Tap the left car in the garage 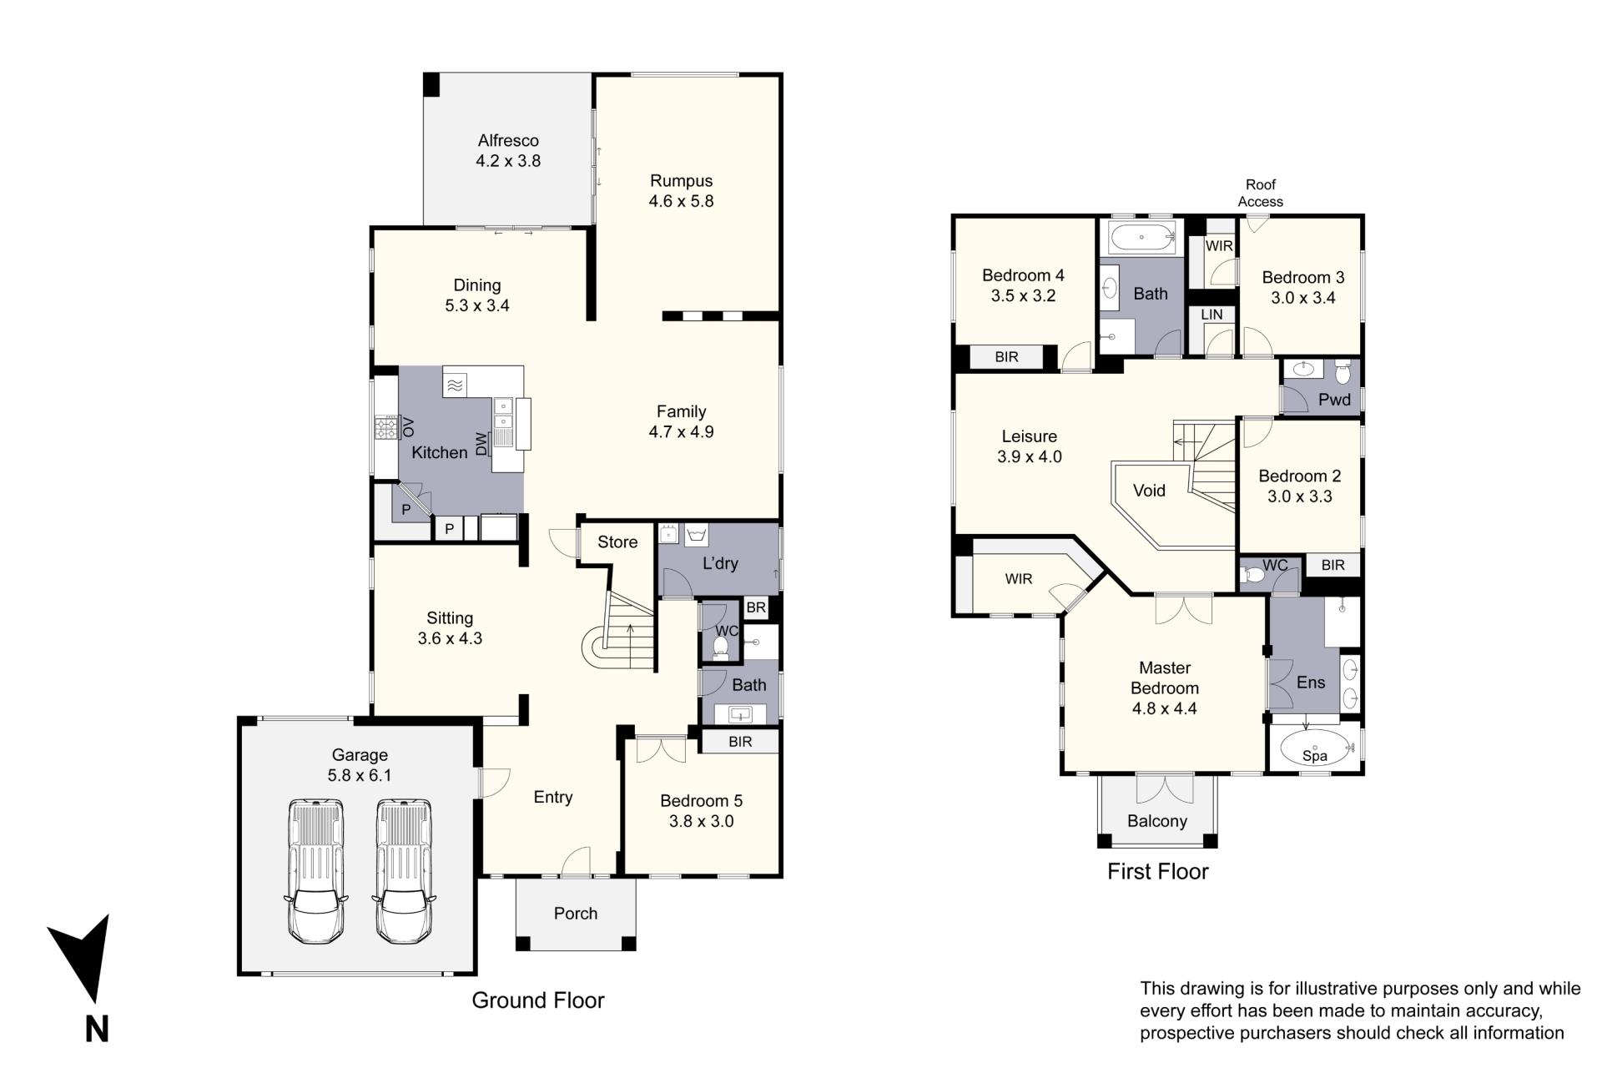click(316, 871)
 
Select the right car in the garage click(404, 871)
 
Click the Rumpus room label click(682, 181)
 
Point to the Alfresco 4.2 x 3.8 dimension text click(508, 161)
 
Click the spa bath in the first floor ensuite click(1315, 749)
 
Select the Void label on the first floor click(1149, 491)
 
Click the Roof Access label click(1261, 194)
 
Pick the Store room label click(617, 542)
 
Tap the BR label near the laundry click(756, 607)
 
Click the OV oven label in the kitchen click(408, 427)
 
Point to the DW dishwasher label click(481, 444)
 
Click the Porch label click(576, 914)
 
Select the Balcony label click(1157, 821)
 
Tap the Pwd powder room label click(1334, 400)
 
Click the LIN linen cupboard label click(1212, 315)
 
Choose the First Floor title click(1158, 872)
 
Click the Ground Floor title click(538, 1000)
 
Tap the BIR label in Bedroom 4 click(1007, 357)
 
